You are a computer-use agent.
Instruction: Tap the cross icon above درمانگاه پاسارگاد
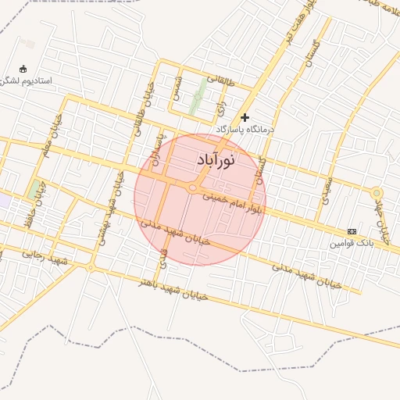click(x=245, y=117)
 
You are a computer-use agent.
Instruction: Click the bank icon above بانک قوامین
click(x=352, y=232)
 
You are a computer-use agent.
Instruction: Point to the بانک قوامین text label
click(x=347, y=243)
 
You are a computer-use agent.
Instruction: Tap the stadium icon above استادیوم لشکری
click(x=22, y=68)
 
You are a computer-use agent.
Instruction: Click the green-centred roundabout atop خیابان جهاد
click(x=377, y=192)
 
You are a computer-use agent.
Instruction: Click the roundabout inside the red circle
click(x=192, y=187)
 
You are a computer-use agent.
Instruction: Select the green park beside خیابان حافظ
click(x=34, y=189)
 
